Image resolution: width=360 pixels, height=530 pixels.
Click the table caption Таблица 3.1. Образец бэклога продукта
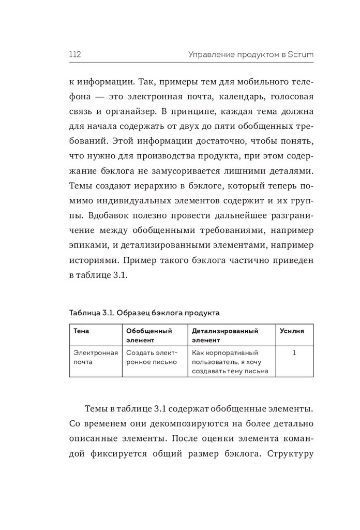pyautogui.click(x=144, y=313)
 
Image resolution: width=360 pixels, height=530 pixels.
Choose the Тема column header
pyautogui.click(x=82, y=330)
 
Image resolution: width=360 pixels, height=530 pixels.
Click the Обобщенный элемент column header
pyautogui.click(x=149, y=335)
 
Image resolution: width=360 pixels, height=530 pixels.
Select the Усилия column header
pyautogui.click(x=292, y=330)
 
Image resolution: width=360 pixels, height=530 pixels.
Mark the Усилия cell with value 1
pyautogui.click(x=294, y=352)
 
